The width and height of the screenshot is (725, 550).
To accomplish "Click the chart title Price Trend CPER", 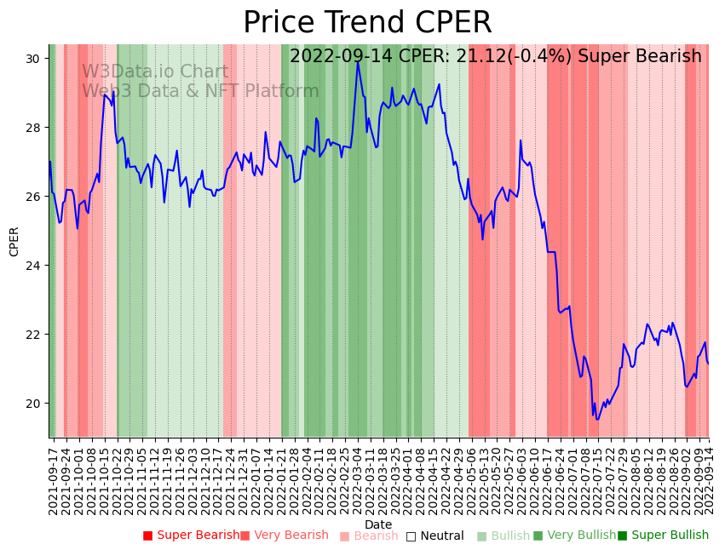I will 367,23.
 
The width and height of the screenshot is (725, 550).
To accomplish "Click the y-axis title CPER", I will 14,242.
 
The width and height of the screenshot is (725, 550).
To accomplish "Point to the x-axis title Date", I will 378,525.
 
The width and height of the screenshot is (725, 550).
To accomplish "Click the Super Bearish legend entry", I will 192,536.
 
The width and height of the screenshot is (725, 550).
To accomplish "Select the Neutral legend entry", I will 435,536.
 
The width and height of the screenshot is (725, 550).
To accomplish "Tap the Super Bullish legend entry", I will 664,536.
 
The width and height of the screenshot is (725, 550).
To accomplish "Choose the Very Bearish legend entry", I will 285,536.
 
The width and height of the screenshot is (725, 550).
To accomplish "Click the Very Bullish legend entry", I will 575,536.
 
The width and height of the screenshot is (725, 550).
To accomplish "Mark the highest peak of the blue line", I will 358,61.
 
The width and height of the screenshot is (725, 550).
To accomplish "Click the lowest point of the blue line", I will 597,420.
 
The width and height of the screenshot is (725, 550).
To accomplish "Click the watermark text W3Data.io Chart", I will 155,72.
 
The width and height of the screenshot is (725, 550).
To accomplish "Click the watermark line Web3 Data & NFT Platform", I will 200,91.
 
